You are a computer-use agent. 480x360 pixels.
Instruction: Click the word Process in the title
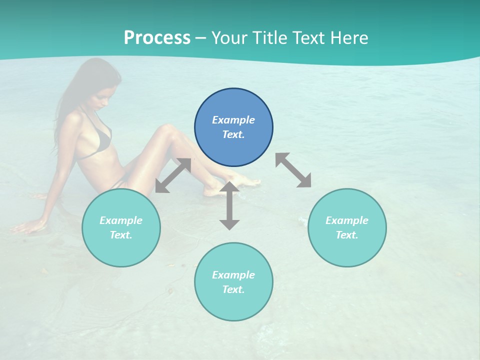pyautogui.click(x=157, y=38)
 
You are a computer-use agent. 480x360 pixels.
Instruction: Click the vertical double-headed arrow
pyautogui.click(x=229, y=205)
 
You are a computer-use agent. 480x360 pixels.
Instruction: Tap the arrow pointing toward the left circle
pyautogui.click(x=173, y=175)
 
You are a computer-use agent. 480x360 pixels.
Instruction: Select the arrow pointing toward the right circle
pyautogui.click(x=293, y=170)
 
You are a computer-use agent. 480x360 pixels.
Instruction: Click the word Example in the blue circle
pyautogui.click(x=233, y=120)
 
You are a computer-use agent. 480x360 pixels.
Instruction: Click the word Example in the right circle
pyautogui.click(x=347, y=220)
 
